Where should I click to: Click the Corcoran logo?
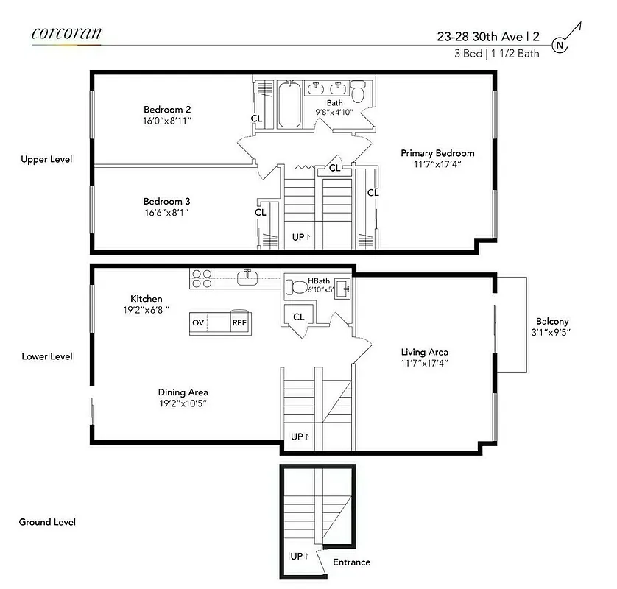pos(66,33)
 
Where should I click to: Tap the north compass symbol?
pos(561,45)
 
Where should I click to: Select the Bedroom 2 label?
pos(167,110)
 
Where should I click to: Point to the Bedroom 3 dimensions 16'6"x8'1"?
pos(167,211)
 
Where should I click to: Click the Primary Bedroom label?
pos(437,153)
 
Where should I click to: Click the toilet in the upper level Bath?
pos(359,92)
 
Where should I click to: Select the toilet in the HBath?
pos(296,286)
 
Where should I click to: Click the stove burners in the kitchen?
pos(202,279)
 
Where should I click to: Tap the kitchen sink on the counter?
pos(247,278)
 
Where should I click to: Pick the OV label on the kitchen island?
pos(198,323)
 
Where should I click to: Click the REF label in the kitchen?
pos(239,323)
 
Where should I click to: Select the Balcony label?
pos(552,322)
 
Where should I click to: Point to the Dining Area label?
pos(183,392)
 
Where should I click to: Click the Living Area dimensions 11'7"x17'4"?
pos(424,362)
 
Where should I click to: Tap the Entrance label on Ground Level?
pos(351,562)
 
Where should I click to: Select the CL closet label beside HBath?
pos(299,317)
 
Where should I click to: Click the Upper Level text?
pos(46,159)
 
